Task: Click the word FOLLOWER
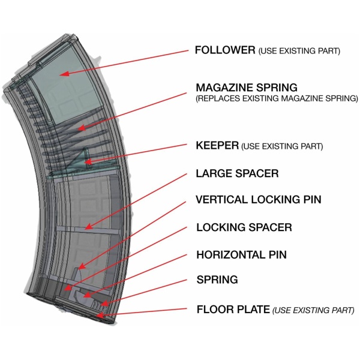225,50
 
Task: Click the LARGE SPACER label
237,174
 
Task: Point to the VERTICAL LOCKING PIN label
259,200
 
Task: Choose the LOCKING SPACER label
244,227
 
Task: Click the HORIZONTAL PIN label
241,254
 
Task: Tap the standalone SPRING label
217,280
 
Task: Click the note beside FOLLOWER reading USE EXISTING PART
299,52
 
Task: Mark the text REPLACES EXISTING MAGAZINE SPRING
277,98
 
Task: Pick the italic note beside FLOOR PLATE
313,311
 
